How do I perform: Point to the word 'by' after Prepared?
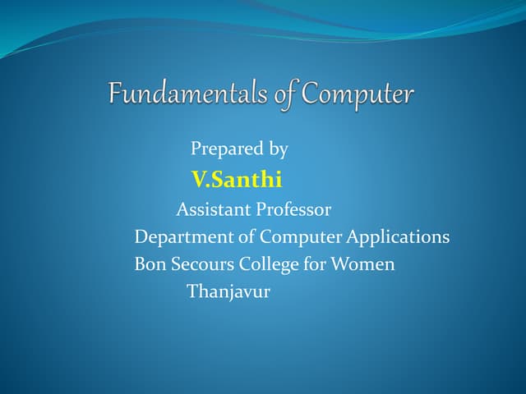click(279, 149)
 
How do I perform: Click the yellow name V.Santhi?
click(237, 179)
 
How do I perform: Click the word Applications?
click(398, 238)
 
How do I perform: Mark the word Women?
click(362, 264)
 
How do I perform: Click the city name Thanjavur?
click(228, 291)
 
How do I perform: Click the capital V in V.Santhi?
click(197, 179)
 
